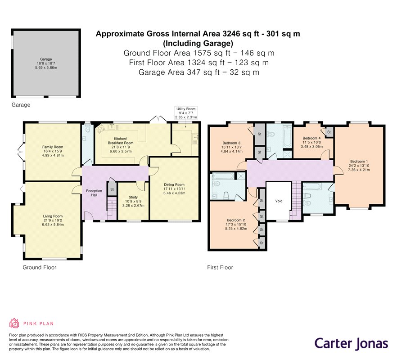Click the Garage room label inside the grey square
[46, 63]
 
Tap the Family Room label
[53, 151]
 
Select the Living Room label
[53, 220]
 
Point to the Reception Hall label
[94, 193]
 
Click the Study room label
[133, 201]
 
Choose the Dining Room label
[174, 189]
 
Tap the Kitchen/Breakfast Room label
[121, 145]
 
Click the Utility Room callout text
[186, 113]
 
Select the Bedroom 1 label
[359, 166]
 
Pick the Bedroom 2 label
[236, 224]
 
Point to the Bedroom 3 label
[231, 147]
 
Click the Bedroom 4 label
[311, 142]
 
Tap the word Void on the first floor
[279, 201]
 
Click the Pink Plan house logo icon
[14, 323]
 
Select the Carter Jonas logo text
[351, 344]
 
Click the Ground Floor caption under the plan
[40, 267]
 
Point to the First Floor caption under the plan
[220, 267]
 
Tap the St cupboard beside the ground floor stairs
[112, 189]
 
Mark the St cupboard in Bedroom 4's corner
[329, 132]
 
